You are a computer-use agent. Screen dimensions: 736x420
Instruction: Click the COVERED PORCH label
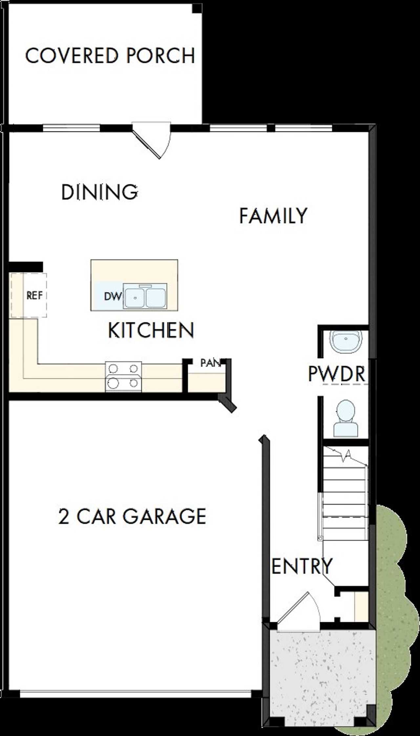(110, 56)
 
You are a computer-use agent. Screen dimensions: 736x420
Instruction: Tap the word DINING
(99, 192)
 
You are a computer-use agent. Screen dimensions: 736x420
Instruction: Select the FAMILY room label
(273, 216)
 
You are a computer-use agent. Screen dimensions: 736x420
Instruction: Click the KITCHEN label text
(151, 330)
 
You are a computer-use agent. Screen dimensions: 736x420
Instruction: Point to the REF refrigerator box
(34, 295)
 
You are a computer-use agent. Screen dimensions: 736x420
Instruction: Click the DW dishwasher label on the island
(113, 296)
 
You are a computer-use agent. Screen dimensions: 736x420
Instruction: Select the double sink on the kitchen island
(145, 296)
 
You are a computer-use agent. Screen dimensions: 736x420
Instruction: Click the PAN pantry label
(210, 363)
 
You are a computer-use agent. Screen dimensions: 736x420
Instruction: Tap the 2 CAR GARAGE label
(132, 516)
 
